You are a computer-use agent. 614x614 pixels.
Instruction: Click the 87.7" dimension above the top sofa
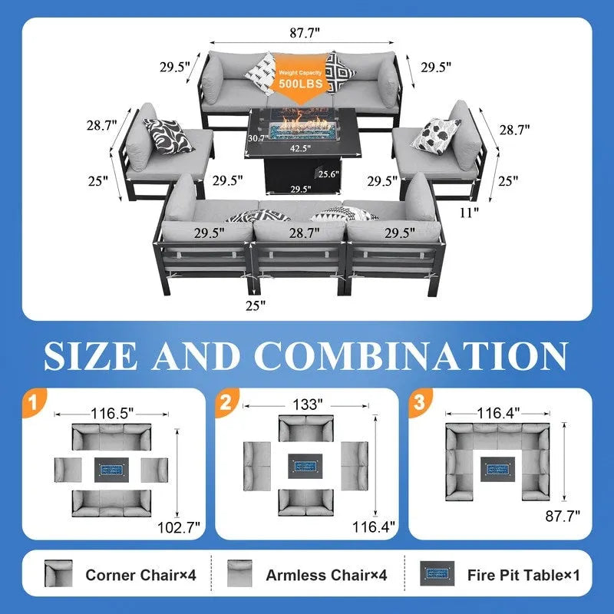pyautogui.click(x=305, y=32)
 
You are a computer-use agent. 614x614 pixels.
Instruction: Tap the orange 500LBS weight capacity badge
pyautogui.click(x=300, y=78)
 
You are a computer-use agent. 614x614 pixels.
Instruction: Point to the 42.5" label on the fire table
pyautogui.click(x=300, y=148)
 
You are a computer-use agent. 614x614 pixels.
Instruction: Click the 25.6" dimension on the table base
pyautogui.click(x=328, y=174)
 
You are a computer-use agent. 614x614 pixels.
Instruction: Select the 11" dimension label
pyautogui.click(x=469, y=213)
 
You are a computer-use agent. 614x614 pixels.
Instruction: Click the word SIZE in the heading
pyautogui.click(x=91, y=355)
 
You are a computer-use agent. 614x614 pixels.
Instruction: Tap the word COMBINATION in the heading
pyautogui.click(x=411, y=355)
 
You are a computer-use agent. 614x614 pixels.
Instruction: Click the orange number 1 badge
pyautogui.click(x=34, y=402)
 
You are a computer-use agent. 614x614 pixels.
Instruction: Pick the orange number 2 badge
pyautogui.click(x=226, y=402)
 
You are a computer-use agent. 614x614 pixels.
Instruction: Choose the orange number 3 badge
pyautogui.click(x=420, y=402)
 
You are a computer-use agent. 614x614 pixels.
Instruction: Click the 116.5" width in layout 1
pyautogui.click(x=112, y=414)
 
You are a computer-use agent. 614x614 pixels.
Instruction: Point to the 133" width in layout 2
pyautogui.click(x=308, y=404)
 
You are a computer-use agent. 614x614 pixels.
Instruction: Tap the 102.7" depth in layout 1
pyautogui.click(x=179, y=527)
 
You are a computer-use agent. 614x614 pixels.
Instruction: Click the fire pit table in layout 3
pyautogui.click(x=497, y=469)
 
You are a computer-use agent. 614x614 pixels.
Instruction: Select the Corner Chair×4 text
pyautogui.click(x=140, y=575)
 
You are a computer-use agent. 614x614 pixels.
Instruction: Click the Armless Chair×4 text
pyautogui.click(x=326, y=575)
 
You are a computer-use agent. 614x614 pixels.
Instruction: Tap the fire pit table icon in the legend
pyautogui.click(x=437, y=573)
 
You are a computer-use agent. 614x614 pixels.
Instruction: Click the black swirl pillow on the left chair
pyautogui.click(x=168, y=136)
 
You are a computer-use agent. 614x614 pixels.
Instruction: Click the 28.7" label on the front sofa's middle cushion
pyautogui.click(x=305, y=233)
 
